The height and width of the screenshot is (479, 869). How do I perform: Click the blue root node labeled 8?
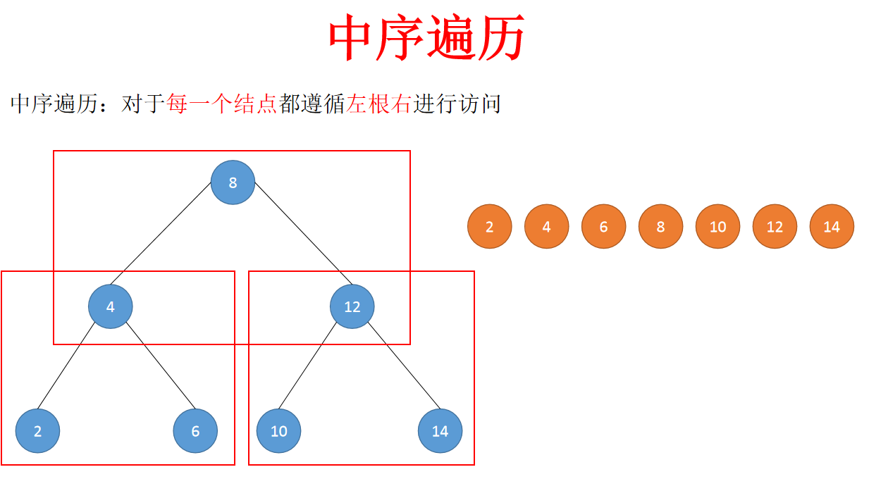pos(233,182)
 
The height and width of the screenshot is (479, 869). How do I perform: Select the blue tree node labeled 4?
pos(111,306)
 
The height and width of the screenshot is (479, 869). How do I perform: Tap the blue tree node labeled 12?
pos(352,306)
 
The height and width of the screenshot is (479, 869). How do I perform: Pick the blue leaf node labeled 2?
pos(37,430)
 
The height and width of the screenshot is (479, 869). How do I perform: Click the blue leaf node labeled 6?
pos(195,430)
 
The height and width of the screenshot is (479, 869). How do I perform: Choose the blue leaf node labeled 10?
pos(278,430)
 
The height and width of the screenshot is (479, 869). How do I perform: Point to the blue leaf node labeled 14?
pos(440,430)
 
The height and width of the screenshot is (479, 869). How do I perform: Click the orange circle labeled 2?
pos(489,226)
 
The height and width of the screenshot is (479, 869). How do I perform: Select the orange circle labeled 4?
pos(546,226)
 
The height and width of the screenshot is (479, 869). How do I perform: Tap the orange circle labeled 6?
pos(603,226)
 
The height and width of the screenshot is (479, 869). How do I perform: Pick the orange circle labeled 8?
pos(660,226)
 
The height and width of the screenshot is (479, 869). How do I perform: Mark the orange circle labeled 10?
pos(717,226)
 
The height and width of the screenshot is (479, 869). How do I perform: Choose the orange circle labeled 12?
pos(775,226)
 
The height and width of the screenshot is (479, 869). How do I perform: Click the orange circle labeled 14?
pos(832,226)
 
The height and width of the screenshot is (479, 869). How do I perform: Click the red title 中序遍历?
pos(427,39)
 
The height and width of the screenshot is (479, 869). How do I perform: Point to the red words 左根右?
pos(378,104)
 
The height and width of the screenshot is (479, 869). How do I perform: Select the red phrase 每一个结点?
pos(222,104)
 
